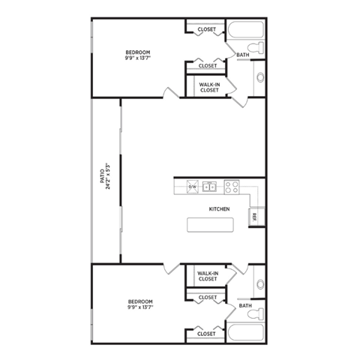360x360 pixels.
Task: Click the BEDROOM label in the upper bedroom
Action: click(137, 52)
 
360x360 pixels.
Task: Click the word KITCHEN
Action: click(218, 209)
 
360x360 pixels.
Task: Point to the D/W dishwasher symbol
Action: click(192, 187)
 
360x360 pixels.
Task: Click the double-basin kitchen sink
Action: click(211, 187)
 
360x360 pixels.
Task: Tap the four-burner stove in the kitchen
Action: click(231, 187)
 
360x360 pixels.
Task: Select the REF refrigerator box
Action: click(255, 216)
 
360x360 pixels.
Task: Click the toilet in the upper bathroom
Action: click(258, 48)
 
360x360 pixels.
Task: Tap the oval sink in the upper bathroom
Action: click(259, 76)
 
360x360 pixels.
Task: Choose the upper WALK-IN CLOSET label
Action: click(209, 87)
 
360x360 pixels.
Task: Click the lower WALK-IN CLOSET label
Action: click(206, 276)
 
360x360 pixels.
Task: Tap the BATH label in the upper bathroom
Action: click(243, 55)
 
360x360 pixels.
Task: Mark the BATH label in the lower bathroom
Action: click(244, 306)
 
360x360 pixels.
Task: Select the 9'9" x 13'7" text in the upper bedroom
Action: click(137, 58)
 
